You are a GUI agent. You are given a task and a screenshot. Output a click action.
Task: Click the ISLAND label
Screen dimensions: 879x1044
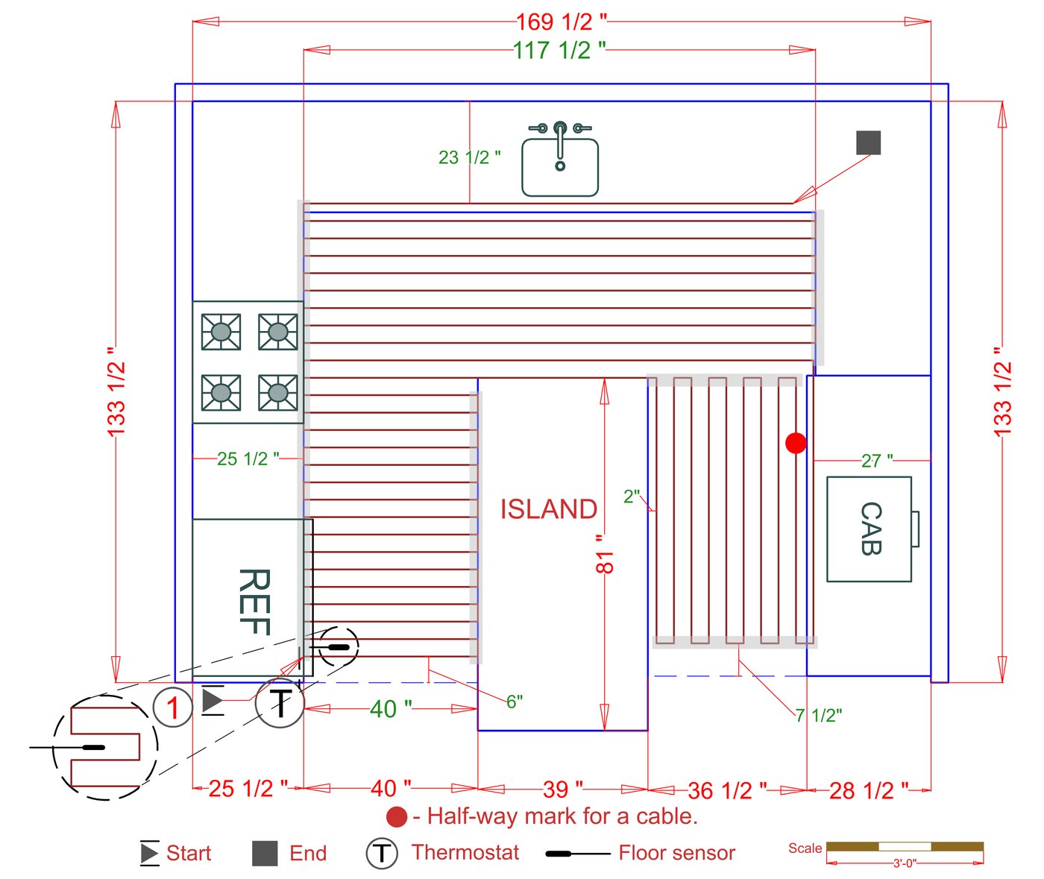coord(549,509)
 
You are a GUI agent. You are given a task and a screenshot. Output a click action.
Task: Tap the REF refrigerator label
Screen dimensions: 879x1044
coord(254,601)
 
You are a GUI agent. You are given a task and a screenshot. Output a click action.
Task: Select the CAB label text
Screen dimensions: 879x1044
coord(870,528)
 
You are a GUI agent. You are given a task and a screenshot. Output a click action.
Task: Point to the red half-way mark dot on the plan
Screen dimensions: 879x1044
coord(796,443)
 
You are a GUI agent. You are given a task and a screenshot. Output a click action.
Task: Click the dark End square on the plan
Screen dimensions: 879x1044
coord(868,142)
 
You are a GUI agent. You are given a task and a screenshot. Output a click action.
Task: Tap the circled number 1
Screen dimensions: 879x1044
coord(173,706)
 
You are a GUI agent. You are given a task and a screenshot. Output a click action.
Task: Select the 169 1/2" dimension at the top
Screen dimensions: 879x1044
coord(562,22)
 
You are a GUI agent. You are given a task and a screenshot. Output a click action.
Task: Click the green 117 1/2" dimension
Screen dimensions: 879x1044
coord(559,50)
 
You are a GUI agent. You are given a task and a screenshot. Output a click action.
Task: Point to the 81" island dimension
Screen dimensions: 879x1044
coord(605,552)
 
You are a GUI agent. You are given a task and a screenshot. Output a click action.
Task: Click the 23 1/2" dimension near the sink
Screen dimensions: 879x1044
coord(469,157)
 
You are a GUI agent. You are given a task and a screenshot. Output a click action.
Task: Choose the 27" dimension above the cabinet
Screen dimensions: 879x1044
coord(877,461)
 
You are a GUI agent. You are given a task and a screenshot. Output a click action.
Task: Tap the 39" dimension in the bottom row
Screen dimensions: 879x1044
coord(562,789)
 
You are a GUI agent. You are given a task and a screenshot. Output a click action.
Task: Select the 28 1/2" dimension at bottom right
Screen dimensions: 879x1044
coord(869,790)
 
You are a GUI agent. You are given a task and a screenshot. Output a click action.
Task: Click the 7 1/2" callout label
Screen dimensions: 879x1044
coord(818,716)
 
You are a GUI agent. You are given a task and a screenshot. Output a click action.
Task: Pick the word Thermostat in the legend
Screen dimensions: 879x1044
coord(465,852)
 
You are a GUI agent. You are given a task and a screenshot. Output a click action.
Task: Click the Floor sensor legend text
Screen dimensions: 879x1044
coord(676,853)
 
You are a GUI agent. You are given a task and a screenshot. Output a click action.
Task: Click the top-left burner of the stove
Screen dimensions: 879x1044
coord(221,332)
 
